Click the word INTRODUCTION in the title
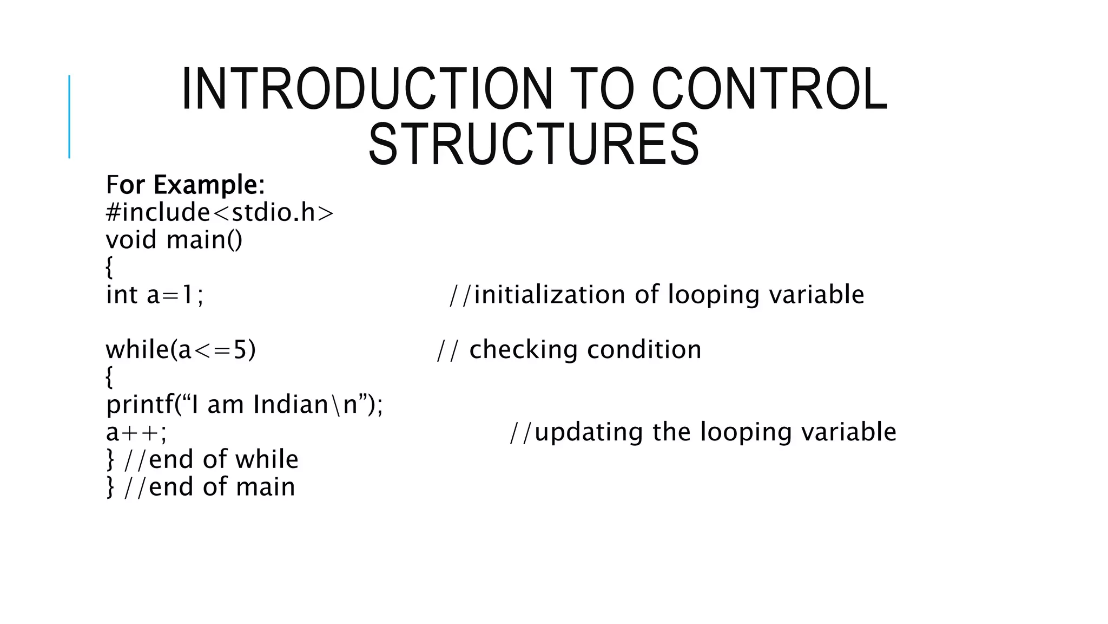click(367, 89)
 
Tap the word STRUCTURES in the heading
click(533, 145)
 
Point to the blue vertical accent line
click(69, 117)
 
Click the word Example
click(206, 185)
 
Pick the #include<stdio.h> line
click(220, 212)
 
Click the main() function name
click(205, 239)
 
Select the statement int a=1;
click(155, 295)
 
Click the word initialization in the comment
click(550, 295)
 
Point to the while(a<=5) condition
click(181, 350)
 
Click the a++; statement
click(136, 433)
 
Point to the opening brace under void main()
click(109, 268)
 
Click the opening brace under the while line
click(109, 378)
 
